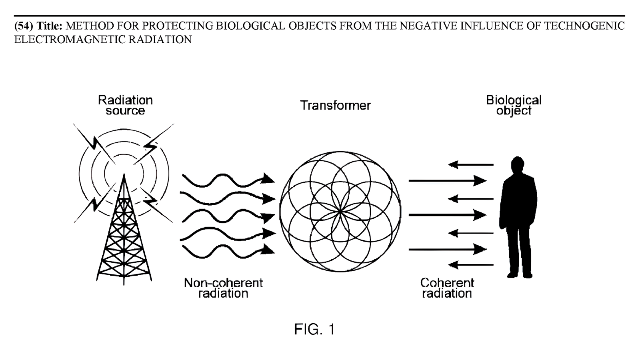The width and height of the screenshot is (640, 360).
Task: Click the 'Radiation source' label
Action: (125, 105)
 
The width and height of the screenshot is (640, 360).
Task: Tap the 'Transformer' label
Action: (336, 106)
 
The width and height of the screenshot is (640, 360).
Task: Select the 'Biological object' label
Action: (514, 105)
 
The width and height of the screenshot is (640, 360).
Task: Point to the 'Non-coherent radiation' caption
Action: (223, 288)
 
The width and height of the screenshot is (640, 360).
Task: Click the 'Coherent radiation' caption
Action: (447, 288)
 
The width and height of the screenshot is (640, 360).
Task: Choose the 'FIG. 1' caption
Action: (314, 329)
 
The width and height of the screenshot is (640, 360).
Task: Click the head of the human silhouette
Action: (517, 165)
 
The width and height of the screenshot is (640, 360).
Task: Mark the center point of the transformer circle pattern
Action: (340, 212)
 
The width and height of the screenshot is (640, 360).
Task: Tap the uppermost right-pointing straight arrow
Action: (447, 181)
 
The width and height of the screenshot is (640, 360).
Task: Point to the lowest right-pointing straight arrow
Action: (447, 249)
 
